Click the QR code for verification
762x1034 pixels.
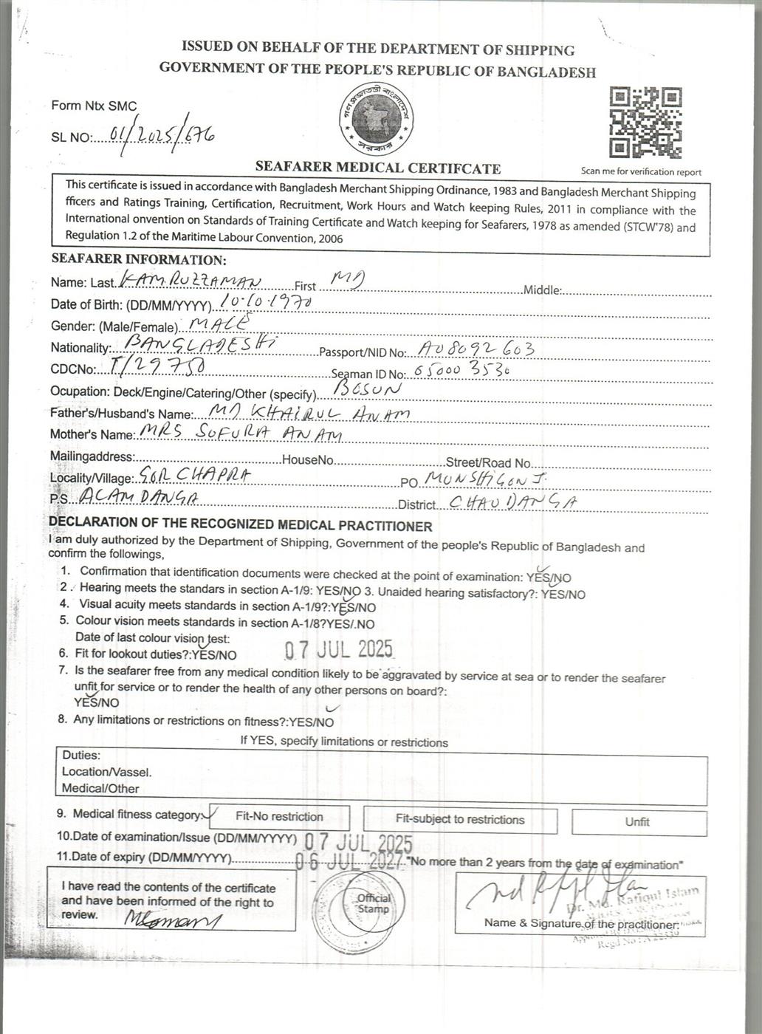[644, 123]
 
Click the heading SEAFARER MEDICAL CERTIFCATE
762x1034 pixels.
[377, 168]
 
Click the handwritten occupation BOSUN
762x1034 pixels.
[367, 388]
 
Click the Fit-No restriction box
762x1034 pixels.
[279, 817]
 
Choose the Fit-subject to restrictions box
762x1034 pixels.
[460, 819]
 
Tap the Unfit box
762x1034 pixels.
[638, 822]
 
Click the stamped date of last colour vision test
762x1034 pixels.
[339, 650]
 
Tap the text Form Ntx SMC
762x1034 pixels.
[94, 106]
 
